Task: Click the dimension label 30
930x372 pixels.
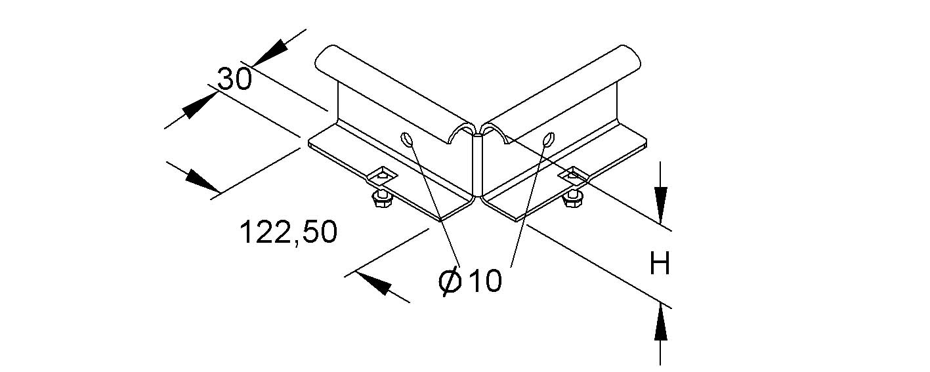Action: click(234, 79)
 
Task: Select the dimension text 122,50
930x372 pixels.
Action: click(289, 232)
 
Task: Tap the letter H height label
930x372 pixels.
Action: click(660, 263)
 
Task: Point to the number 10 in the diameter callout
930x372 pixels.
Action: click(485, 280)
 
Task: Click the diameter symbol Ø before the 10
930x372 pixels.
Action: click(450, 281)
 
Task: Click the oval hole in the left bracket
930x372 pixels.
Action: click(406, 139)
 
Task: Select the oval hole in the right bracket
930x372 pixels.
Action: click(549, 139)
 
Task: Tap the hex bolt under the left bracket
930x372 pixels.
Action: click(380, 199)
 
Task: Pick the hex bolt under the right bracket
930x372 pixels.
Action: click(572, 198)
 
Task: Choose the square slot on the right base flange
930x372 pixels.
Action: click(572, 175)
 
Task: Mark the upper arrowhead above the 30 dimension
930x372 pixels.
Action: click(271, 52)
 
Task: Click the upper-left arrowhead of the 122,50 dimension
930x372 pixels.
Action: click(203, 182)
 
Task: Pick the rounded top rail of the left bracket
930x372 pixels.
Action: click(394, 94)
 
